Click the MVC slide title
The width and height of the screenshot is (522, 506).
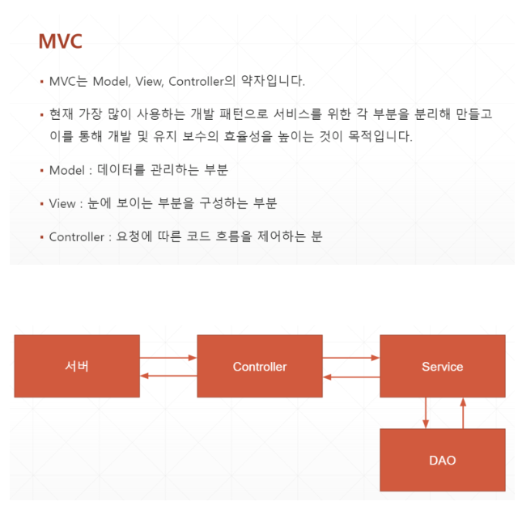(60, 41)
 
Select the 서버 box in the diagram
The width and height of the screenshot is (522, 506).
(77, 366)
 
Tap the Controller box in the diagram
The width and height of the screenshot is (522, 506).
(259, 366)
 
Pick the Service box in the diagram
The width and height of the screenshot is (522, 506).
(442, 366)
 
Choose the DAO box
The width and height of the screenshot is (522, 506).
(442, 460)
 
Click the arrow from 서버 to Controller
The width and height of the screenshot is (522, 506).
(168, 357)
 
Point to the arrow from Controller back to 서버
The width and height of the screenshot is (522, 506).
(168, 376)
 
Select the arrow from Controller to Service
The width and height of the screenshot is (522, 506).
(351, 357)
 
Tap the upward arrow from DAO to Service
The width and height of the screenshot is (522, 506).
(462, 413)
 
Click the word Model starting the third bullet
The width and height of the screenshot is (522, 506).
(66, 170)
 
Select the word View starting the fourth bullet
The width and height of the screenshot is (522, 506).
(62, 203)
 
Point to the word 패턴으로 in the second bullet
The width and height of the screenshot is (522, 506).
(240, 114)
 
